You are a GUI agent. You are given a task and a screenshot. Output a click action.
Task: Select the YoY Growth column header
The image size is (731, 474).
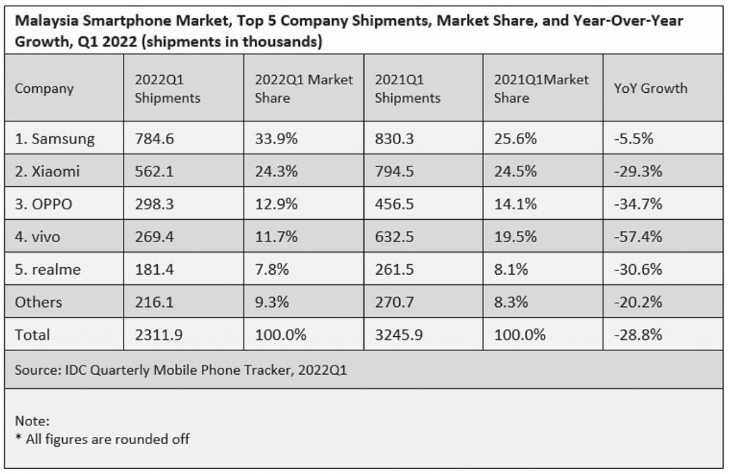tap(650, 89)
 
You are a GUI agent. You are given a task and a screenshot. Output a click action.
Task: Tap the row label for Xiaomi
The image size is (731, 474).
tap(47, 171)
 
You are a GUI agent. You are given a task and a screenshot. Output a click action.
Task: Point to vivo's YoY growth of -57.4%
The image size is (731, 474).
tap(637, 236)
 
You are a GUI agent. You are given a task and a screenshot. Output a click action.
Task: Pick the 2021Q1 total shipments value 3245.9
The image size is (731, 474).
tap(398, 335)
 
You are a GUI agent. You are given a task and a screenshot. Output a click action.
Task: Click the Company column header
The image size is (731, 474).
tap(44, 89)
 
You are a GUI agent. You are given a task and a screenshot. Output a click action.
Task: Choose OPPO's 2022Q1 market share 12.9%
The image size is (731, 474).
tap(276, 203)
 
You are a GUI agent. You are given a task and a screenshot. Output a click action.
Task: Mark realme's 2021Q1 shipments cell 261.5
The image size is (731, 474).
tap(394, 269)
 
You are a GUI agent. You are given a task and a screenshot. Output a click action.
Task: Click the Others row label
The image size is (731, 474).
tap(39, 302)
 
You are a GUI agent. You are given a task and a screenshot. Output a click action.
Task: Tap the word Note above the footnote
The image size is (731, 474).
tap(32, 421)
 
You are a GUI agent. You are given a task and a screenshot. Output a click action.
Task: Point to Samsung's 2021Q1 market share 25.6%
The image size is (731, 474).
tap(515, 138)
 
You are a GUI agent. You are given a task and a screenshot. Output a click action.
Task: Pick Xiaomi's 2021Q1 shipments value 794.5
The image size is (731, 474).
tap(394, 171)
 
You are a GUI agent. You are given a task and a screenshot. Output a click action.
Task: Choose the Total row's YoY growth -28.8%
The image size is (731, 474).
tap(637, 335)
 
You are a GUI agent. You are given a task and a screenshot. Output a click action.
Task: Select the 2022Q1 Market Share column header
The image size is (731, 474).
tap(303, 89)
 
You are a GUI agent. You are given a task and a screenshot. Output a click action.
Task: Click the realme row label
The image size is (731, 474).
tap(48, 269)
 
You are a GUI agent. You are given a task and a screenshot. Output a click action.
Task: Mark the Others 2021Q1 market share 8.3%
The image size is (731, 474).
tap(510, 302)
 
